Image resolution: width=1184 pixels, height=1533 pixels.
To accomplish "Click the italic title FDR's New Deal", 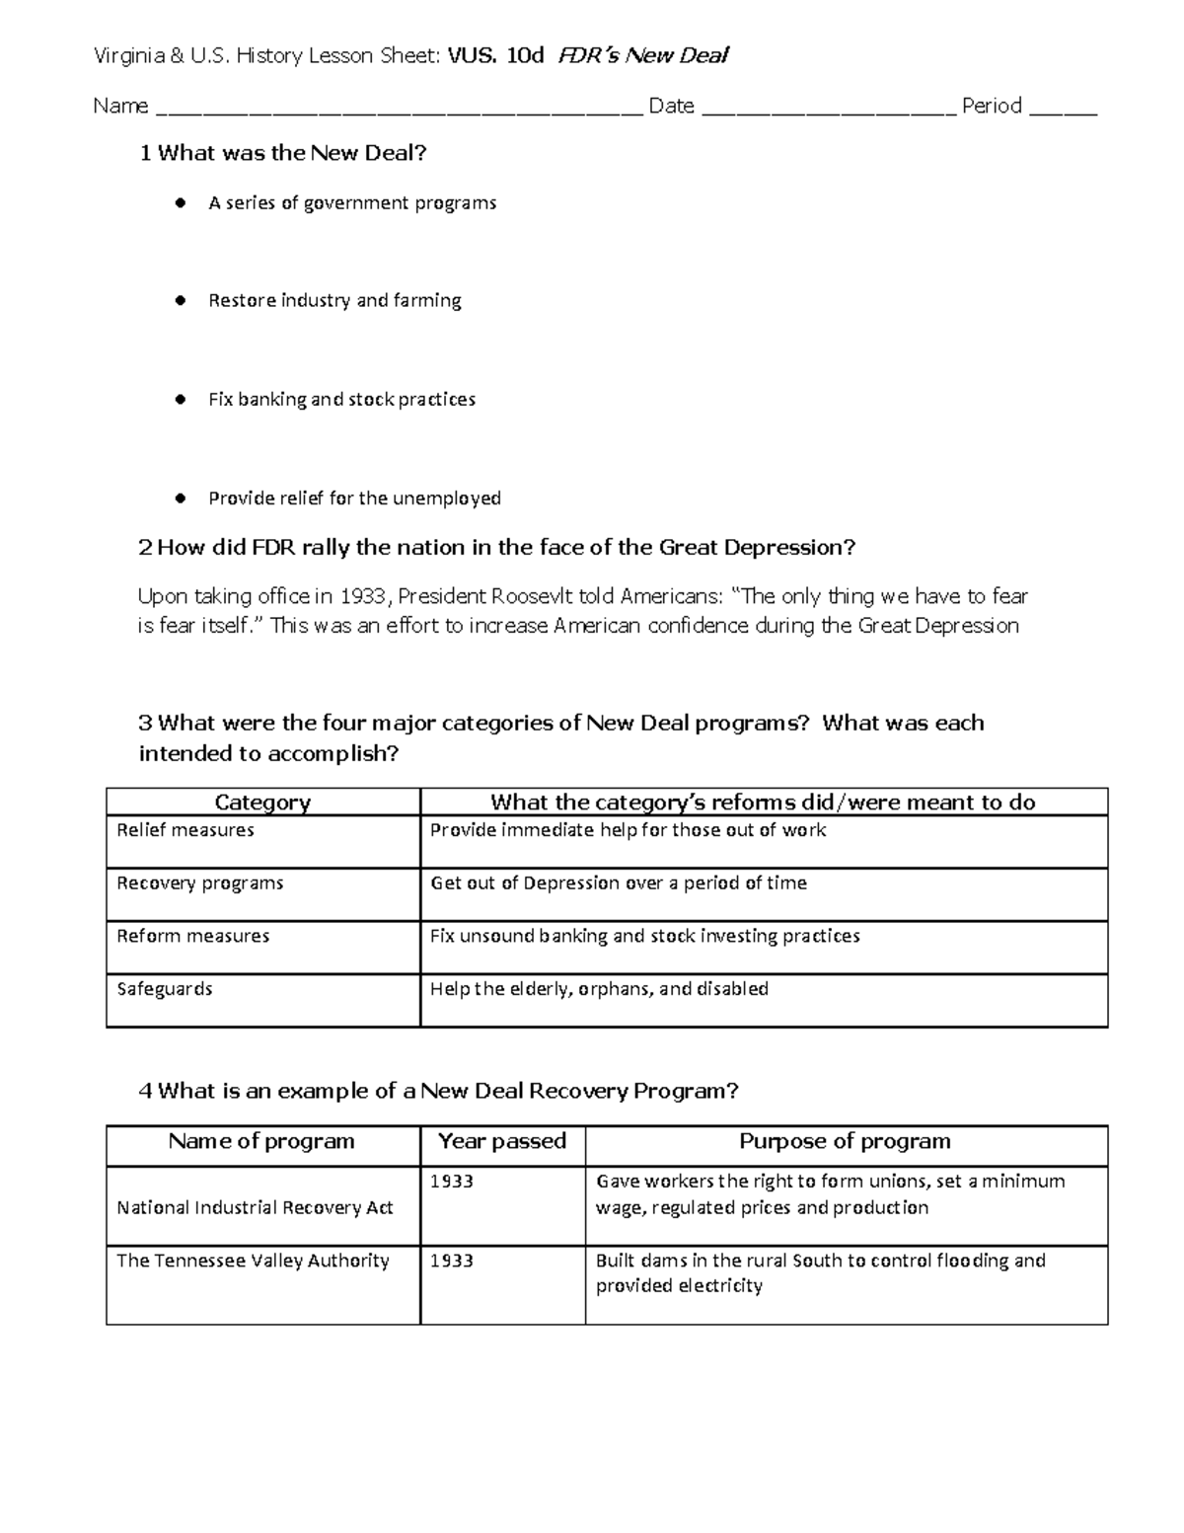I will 642,55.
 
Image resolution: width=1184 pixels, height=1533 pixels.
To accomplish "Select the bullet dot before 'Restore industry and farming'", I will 180,301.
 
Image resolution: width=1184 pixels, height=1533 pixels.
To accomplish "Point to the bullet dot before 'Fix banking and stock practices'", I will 180,400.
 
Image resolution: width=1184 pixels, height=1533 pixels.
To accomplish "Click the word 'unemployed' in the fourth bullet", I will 447,498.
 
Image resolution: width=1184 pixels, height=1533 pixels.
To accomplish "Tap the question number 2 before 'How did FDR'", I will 145,548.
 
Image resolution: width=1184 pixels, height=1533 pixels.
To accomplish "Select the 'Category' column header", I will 262,803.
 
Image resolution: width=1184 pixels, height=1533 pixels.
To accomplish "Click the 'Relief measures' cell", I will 185,830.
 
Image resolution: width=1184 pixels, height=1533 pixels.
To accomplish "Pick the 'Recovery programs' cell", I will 200,883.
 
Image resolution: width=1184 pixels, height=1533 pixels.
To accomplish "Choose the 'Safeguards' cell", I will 165,989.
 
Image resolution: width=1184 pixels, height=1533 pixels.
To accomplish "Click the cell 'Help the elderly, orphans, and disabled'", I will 599,989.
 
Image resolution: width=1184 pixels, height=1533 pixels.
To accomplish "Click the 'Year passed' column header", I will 502,1142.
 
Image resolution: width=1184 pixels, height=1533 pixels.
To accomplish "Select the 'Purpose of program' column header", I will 846,1142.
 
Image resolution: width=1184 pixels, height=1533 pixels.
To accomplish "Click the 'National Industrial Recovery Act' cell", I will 255,1207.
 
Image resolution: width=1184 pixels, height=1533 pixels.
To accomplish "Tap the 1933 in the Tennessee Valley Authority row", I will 452,1262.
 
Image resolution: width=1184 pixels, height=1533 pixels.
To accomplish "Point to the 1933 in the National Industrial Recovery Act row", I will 452,1182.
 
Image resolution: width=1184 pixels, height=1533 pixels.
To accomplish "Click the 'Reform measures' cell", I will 193,936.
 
